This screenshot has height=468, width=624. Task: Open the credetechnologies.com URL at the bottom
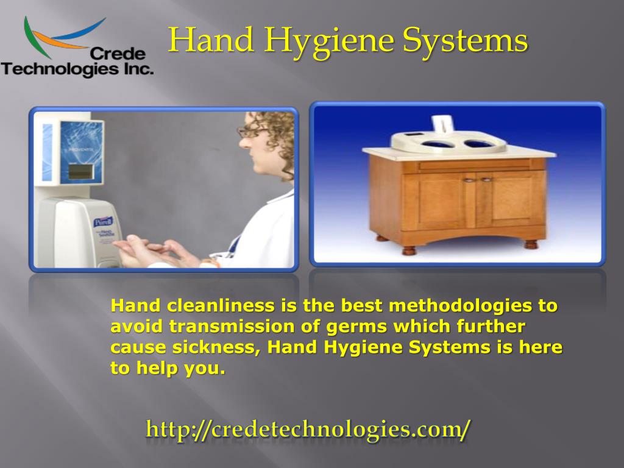[308, 430]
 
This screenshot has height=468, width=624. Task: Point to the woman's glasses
[251, 130]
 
